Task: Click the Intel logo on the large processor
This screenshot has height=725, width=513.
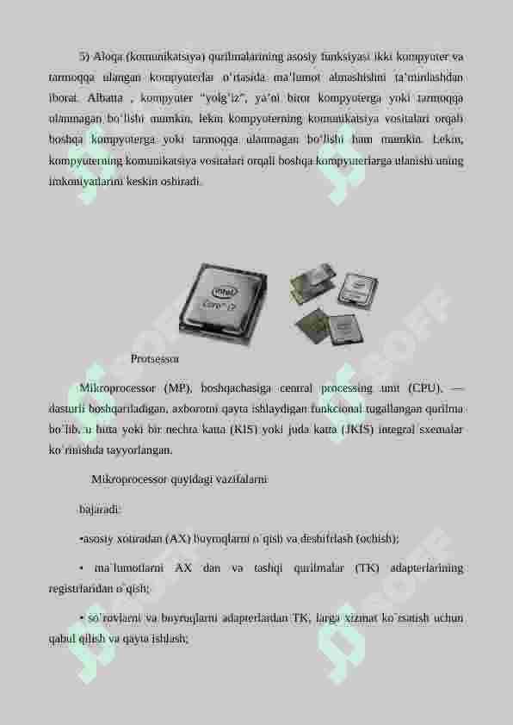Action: (222, 292)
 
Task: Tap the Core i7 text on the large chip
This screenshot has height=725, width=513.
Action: (218, 305)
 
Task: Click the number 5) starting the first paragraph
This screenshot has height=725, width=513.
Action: (84, 57)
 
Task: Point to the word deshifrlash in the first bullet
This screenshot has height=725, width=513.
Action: (325, 538)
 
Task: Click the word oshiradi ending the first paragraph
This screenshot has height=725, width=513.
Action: (182, 182)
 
